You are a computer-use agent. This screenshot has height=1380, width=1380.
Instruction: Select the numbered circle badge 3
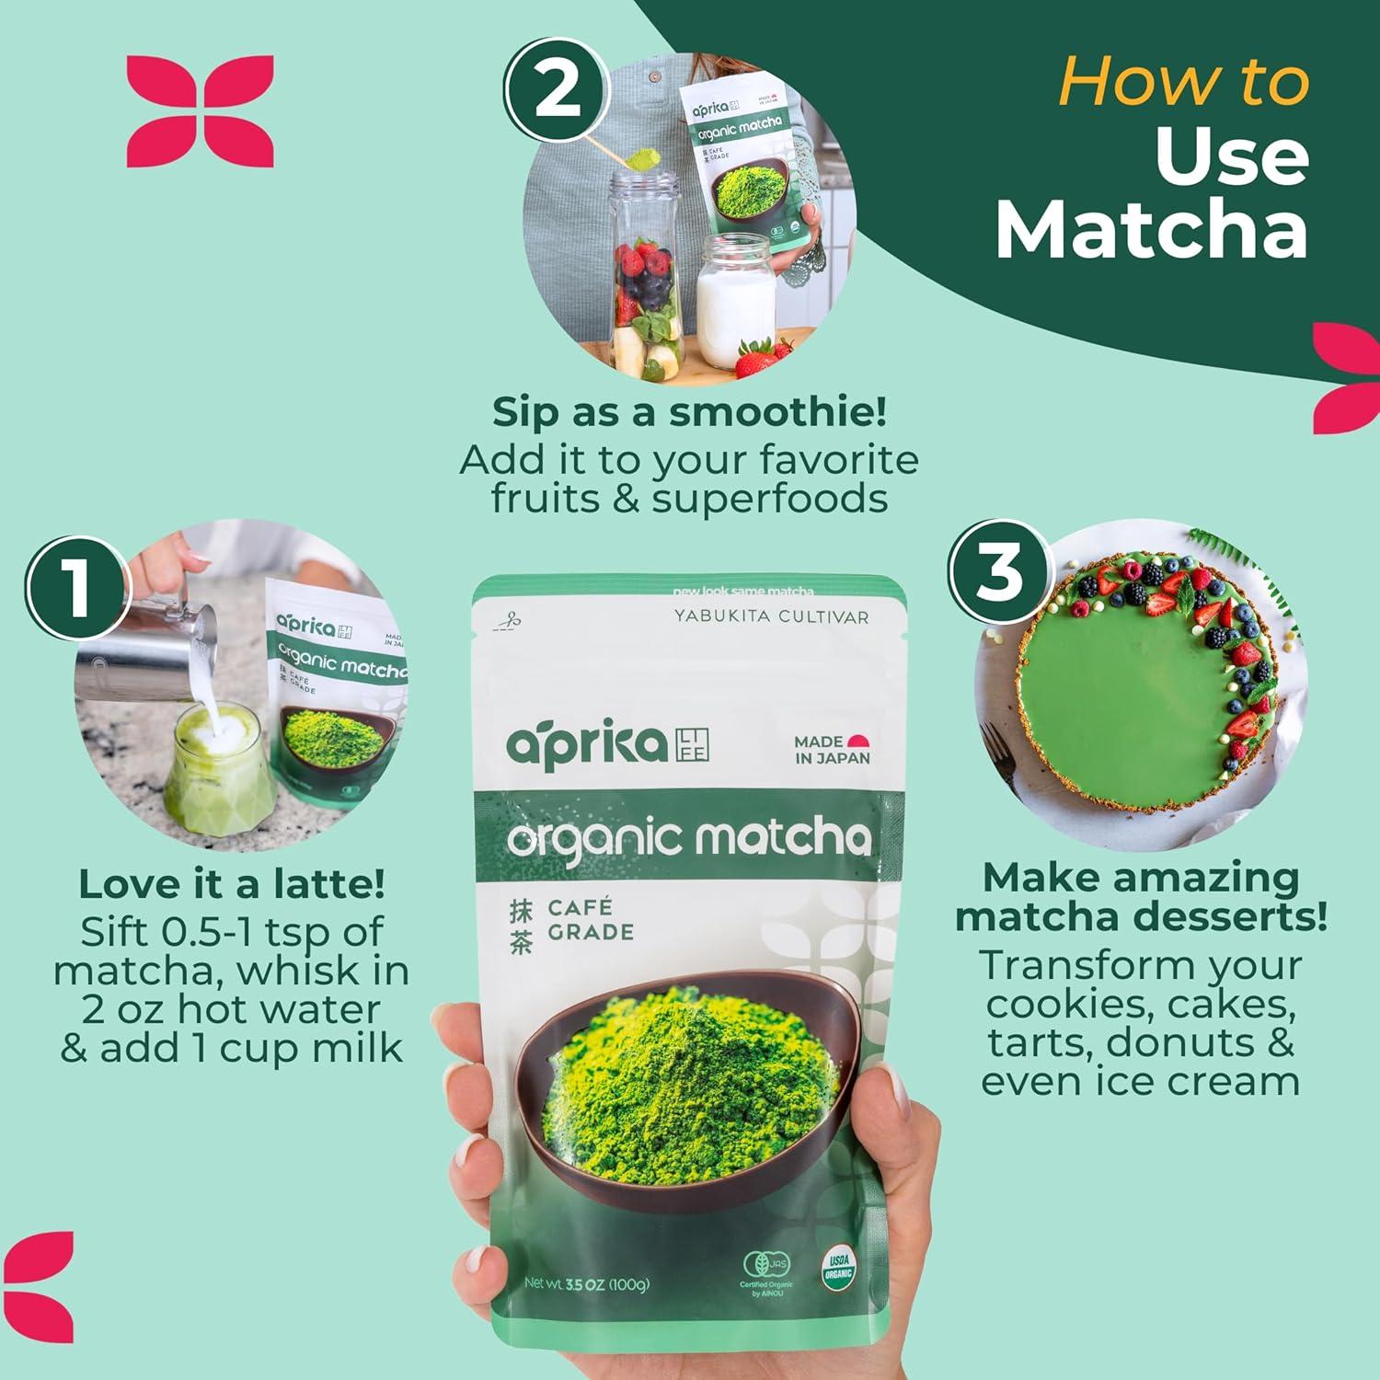(1000, 571)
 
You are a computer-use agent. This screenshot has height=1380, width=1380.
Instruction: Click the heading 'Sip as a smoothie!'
(689, 412)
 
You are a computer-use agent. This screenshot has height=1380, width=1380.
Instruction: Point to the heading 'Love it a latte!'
(232, 884)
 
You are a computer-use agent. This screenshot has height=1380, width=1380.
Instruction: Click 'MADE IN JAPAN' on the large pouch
(831, 749)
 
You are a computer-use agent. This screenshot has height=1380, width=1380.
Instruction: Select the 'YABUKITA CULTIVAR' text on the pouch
(771, 616)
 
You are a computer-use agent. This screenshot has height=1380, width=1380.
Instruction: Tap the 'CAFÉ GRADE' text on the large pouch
(590, 920)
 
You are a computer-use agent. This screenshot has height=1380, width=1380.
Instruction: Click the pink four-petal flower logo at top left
(200, 111)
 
